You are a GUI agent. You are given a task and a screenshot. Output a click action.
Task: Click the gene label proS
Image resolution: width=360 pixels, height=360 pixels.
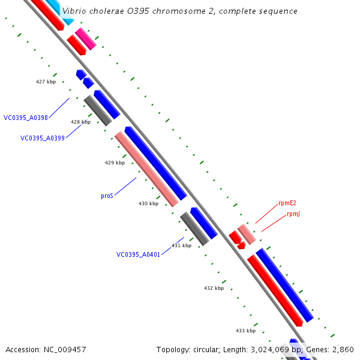click(107, 196)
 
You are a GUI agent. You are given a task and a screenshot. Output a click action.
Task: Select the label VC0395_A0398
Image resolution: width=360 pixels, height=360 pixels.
click(26, 118)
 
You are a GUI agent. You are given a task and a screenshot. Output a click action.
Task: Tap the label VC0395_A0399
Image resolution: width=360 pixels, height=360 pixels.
click(43, 138)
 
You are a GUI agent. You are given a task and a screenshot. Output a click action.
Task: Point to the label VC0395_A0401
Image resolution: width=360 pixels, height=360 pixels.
click(139, 254)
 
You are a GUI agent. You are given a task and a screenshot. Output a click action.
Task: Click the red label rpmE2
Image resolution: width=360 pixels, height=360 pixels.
click(287, 203)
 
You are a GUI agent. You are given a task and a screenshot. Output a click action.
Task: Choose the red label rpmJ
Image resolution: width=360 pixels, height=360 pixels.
click(293, 214)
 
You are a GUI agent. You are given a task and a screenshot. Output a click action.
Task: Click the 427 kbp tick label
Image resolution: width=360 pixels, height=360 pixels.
click(46, 81)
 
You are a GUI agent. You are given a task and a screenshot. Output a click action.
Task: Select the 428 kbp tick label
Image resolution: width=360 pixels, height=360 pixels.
click(80, 122)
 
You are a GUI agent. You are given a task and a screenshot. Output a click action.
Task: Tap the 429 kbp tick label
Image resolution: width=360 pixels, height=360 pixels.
click(115, 163)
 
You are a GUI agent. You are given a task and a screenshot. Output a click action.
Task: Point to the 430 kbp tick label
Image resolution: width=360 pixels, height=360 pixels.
click(148, 203)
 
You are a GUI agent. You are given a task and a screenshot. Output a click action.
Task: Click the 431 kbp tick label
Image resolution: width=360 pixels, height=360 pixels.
click(181, 245)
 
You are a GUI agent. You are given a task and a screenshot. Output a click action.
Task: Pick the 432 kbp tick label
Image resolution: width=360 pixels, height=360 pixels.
click(214, 288)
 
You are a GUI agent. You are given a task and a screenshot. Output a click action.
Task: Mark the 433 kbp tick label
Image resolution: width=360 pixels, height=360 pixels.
click(245, 331)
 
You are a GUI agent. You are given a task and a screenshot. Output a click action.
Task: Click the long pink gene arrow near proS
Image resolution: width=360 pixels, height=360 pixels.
click(147, 169)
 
